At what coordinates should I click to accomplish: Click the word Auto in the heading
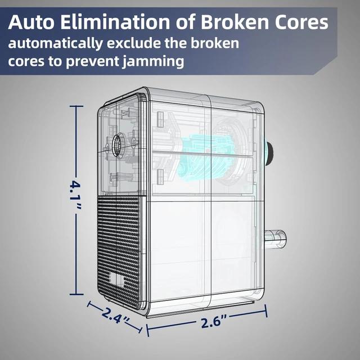point(31,22)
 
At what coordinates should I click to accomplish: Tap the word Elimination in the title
point(115,22)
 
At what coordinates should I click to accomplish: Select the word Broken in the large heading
point(235,22)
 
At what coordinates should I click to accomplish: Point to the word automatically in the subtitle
point(56,44)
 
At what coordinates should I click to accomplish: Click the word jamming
point(153,62)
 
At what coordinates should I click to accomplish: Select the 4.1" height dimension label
point(75,195)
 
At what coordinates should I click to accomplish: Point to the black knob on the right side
point(269,153)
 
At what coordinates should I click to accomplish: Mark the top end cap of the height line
point(76,106)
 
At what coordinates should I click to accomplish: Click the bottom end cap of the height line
point(76,294)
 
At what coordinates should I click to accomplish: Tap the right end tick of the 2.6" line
point(266,311)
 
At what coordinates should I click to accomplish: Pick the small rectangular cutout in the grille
point(118,279)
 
